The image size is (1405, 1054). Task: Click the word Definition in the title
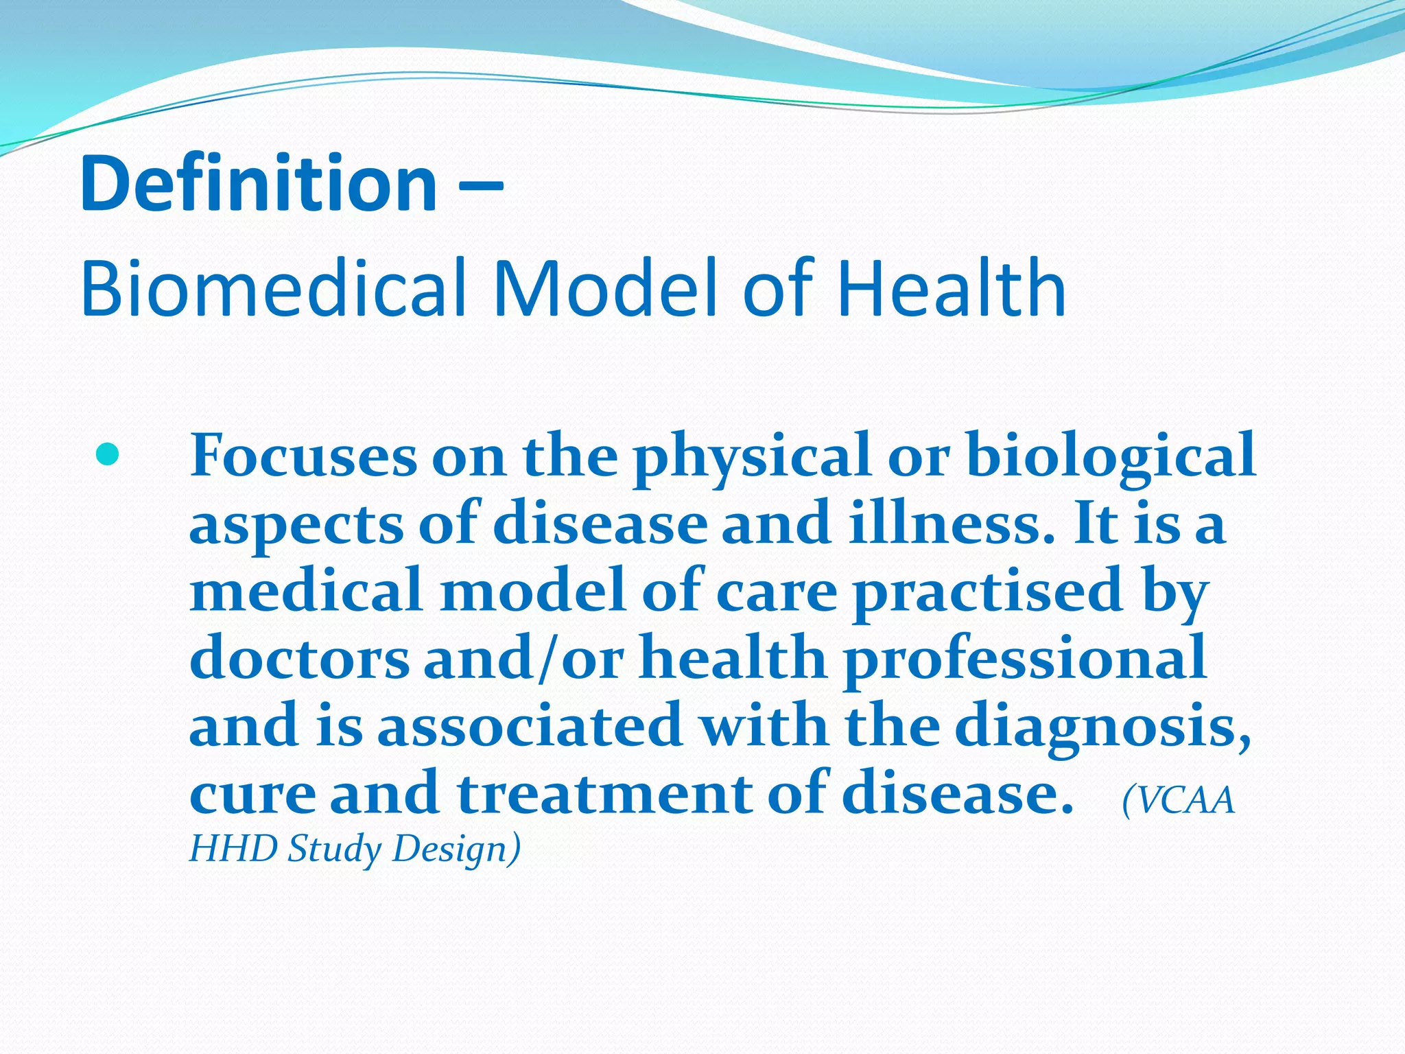[259, 183]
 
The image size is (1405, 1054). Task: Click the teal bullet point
[108, 454]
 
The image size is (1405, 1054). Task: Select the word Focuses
[303, 456]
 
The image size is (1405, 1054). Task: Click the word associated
[530, 726]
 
